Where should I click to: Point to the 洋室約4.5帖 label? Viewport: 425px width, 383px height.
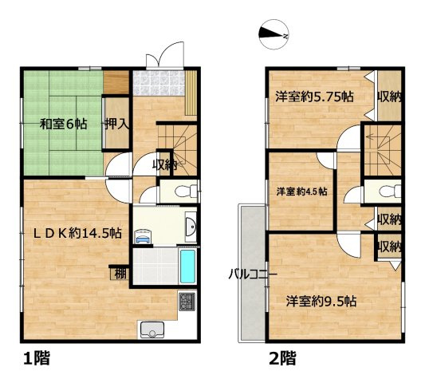306,192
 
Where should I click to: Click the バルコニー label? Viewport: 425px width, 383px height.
253,274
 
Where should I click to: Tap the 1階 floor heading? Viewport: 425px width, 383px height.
35,358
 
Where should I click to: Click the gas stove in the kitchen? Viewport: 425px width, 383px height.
188,302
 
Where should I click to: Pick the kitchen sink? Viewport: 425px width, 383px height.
152,328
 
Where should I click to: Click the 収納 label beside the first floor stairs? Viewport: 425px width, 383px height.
165,164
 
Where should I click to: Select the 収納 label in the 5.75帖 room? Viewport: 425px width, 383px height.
390,97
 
